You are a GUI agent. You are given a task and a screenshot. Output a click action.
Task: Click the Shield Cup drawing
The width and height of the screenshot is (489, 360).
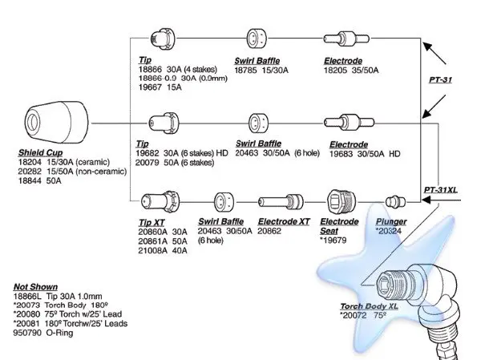click(56, 123)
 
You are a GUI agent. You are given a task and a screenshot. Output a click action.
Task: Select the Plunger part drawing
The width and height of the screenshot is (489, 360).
click(395, 202)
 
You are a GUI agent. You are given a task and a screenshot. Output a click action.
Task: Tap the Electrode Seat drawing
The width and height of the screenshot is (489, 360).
click(341, 201)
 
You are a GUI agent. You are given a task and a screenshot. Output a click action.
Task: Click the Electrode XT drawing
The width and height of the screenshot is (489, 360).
click(281, 202)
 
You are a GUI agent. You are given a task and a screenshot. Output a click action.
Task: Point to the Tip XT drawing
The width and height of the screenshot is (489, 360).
click(160, 201)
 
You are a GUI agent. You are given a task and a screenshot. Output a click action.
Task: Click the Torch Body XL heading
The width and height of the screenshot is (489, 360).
click(369, 306)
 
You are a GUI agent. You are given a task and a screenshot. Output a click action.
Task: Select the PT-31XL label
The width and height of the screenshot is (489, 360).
click(440, 190)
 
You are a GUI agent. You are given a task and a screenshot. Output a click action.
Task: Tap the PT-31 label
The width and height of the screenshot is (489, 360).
click(440, 79)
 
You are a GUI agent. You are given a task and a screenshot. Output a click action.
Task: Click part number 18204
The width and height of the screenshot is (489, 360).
click(30, 162)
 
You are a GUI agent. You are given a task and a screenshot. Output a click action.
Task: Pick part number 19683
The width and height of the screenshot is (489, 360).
click(341, 154)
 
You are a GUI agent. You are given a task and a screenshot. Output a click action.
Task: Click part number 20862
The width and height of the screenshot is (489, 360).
click(269, 231)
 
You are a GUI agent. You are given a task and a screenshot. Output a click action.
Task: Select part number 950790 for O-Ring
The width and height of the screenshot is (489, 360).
click(27, 333)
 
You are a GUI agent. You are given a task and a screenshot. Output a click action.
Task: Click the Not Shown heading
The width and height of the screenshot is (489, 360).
click(35, 287)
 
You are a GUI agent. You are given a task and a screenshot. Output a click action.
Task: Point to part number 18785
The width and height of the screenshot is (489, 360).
click(245, 71)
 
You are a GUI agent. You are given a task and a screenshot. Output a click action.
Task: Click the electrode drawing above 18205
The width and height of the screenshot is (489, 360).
click(346, 38)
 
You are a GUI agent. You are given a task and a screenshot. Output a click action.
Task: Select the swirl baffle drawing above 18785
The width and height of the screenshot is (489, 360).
click(257, 38)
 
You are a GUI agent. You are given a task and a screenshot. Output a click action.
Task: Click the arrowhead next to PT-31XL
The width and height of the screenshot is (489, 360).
click(426, 200)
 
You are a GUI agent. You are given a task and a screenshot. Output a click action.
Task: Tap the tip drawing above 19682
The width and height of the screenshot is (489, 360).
click(164, 123)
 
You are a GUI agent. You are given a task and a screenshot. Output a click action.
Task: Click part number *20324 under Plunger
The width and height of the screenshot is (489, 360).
click(389, 231)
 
